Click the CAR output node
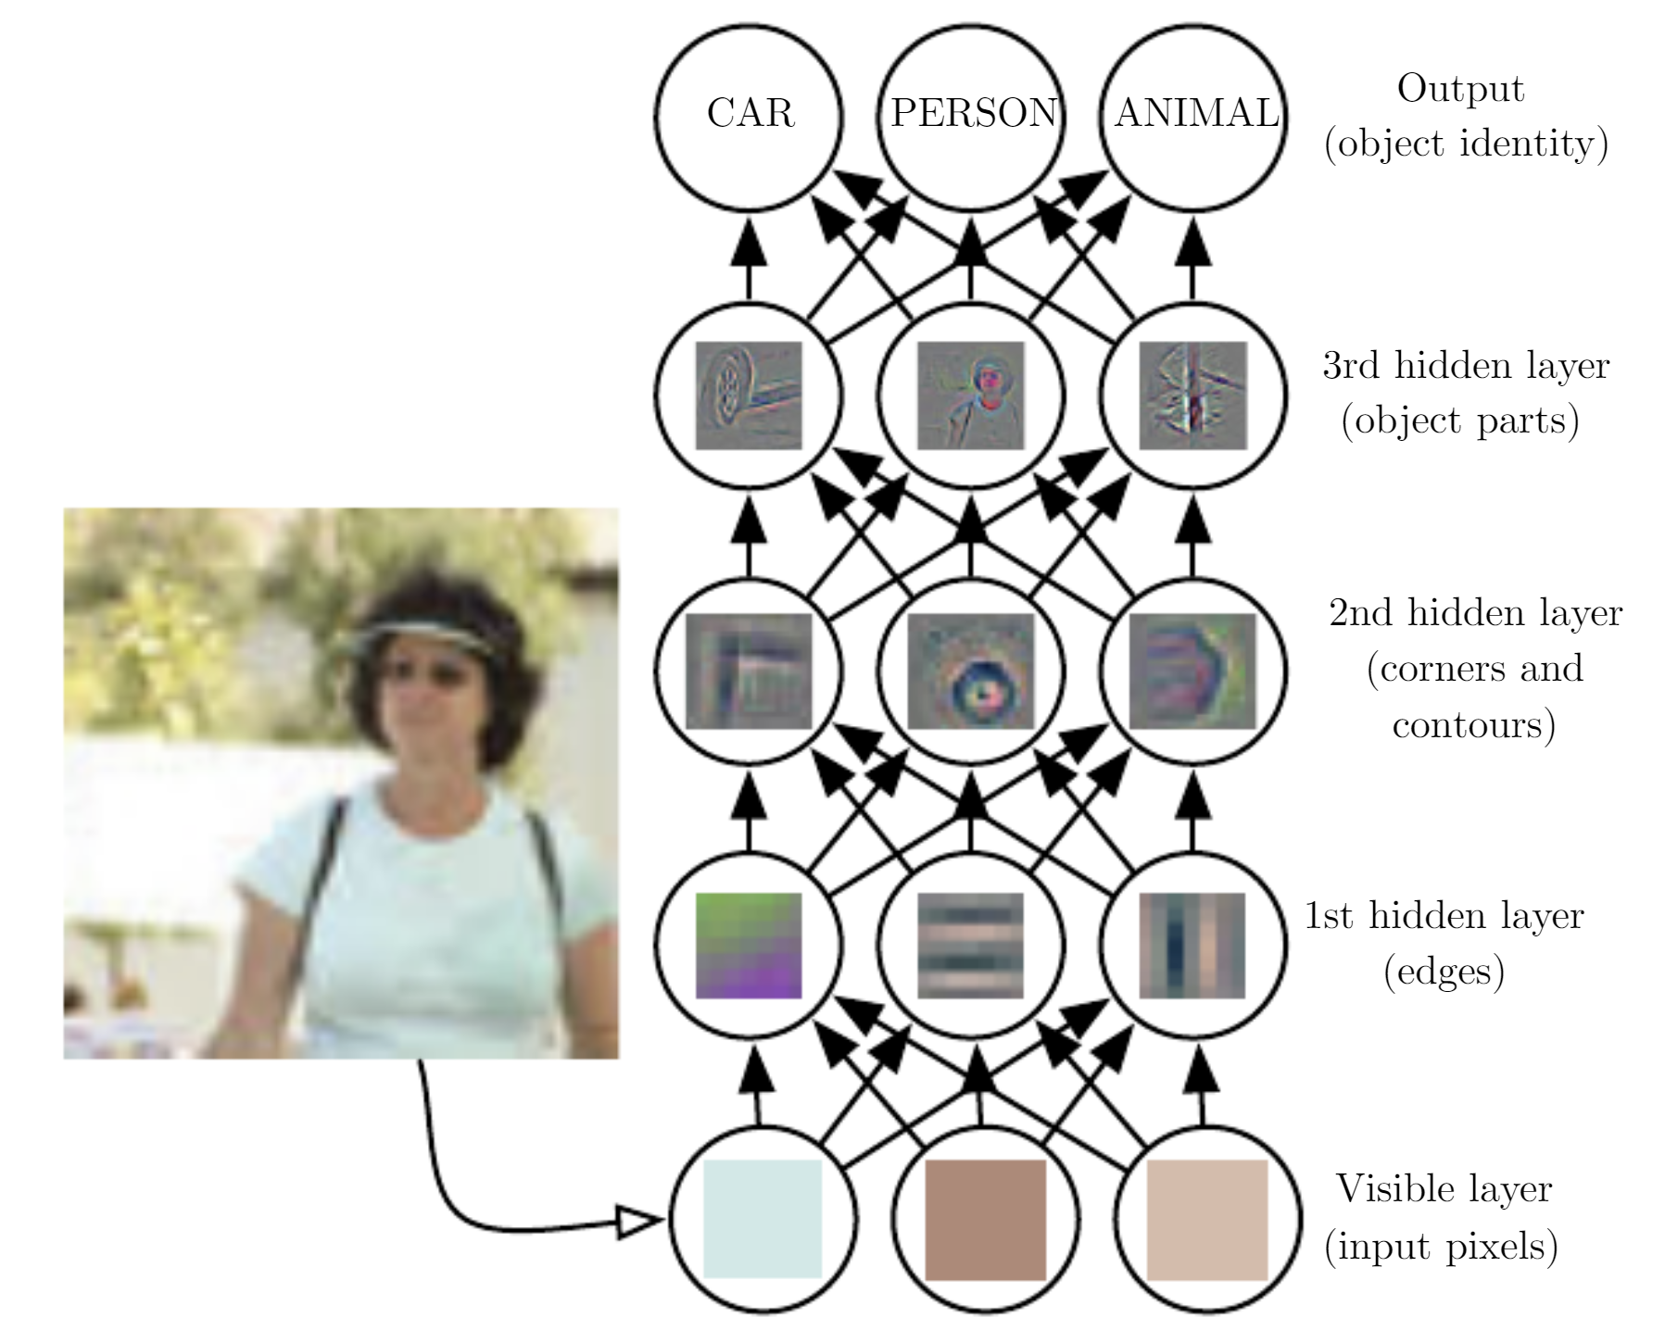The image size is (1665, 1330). coord(750,115)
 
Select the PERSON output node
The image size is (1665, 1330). coord(972,115)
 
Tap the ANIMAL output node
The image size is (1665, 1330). coord(1194,115)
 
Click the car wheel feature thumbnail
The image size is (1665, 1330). coord(749,395)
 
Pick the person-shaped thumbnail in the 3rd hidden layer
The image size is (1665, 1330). coord(971,395)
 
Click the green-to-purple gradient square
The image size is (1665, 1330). coord(749,946)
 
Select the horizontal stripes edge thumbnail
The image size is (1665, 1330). coord(971,946)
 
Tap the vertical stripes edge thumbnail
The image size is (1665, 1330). coord(1192,946)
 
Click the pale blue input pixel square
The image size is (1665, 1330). coord(763,1219)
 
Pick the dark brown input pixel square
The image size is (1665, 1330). coord(986,1219)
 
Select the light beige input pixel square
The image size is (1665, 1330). coord(1207,1219)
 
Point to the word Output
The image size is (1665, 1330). coord(1460,89)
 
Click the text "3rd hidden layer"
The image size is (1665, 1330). coord(1466,366)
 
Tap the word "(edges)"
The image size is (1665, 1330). coord(1444,972)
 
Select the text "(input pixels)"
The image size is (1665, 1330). coord(1442,1246)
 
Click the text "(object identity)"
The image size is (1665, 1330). coord(1467,144)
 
